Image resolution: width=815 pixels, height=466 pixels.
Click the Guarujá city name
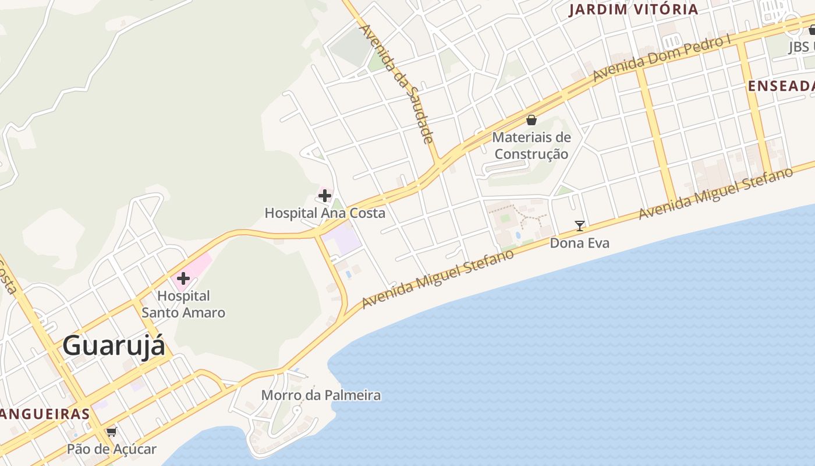coord(114,345)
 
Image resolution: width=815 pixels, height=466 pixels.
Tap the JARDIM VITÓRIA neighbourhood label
coord(633,9)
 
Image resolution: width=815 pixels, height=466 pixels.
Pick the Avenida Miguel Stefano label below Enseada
coord(715,193)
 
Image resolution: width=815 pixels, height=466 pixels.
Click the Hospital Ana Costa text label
coord(325,213)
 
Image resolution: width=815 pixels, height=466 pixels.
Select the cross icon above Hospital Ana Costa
coord(325,196)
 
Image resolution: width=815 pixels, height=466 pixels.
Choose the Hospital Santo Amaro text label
coord(183,305)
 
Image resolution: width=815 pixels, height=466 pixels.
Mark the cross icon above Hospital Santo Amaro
coord(183,278)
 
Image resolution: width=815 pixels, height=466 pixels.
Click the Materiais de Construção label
coord(531,146)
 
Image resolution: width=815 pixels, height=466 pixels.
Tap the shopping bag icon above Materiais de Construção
coord(531,121)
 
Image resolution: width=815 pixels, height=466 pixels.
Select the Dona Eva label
coord(580,243)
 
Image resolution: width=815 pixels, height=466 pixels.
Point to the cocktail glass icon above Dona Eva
coord(580,226)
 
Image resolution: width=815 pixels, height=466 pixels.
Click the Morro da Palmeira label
coord(321,396)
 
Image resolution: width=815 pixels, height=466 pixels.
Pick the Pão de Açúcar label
coord(111,449)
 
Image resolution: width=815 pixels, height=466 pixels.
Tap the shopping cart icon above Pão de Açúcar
coord(111,432)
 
